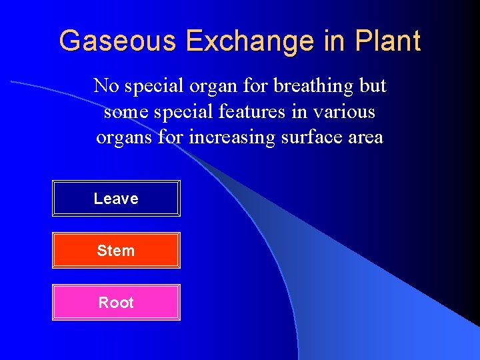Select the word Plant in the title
click(x=388, y=41)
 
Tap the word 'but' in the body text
click(x=372, y=86)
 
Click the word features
click(x=251, y=112)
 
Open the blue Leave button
click(x=116, y=199)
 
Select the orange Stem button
click(x=116, y=251)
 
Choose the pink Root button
click(x=116, y=303)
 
